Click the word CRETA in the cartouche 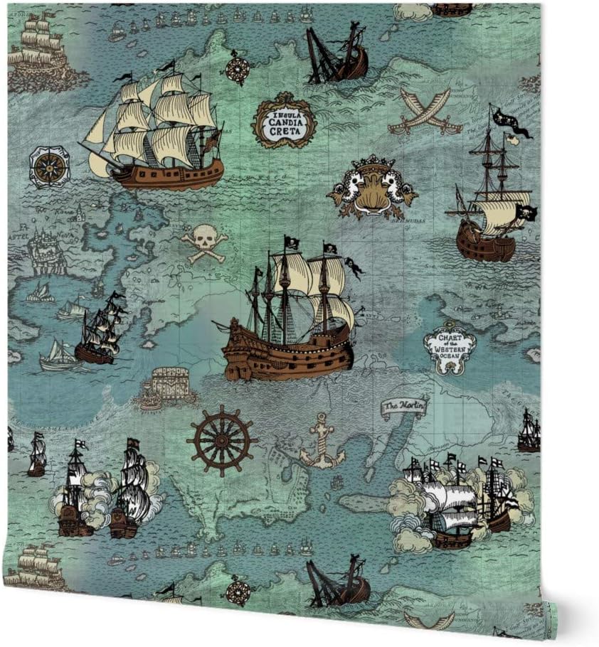(x=285, y=133)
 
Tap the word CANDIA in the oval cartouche (x=284, y=123)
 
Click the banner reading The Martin (x=404, y=407)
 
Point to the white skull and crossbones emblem (x=203, y=242)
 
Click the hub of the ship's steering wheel (x=222, y=439)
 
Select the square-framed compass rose (x=49, y=166)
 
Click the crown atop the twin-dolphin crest (x=372, y=162)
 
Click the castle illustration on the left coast (x=47, y=251)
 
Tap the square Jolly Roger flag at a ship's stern (x=527, y=213)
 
